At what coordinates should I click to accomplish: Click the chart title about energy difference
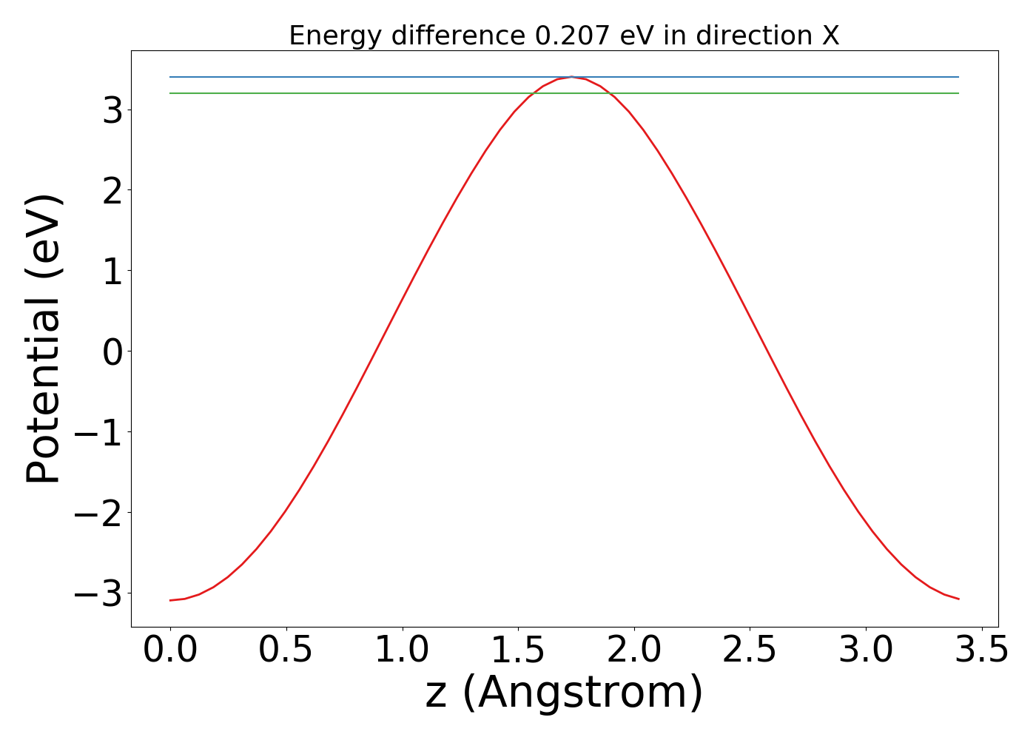564,36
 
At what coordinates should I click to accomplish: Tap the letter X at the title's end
830,36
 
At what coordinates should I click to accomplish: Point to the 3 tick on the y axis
112,110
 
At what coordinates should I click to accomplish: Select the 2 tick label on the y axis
112,190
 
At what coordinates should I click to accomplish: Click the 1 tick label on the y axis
112,271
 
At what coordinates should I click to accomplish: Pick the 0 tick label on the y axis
112,351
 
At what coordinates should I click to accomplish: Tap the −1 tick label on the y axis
101,432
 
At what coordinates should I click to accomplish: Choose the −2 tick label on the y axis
101,513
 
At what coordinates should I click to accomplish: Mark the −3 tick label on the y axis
101,593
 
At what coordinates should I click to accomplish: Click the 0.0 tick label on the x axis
170,650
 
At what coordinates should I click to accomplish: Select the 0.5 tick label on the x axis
286,650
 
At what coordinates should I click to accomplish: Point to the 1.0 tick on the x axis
402,650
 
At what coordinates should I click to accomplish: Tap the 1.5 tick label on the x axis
518,650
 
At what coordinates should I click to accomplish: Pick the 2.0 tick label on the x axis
634,650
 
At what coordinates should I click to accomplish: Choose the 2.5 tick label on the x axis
750,650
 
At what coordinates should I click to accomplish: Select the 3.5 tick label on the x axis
981,650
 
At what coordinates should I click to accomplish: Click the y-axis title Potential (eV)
44,339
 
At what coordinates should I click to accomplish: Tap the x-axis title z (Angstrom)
564,693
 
